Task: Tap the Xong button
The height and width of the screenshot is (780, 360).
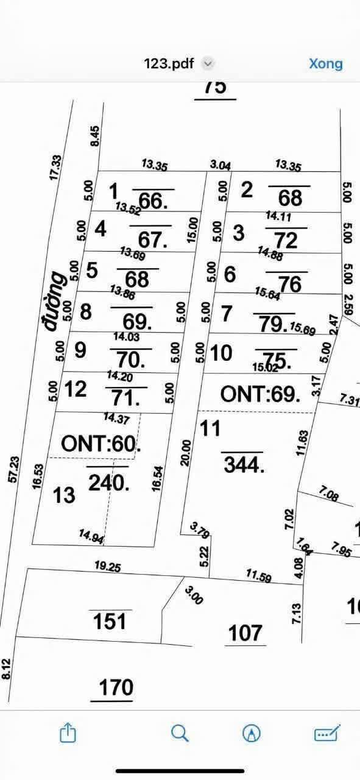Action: (x=325, y=63)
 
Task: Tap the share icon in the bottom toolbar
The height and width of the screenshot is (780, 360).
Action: (x=68, y=733)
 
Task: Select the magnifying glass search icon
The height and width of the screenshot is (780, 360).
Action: (x=180, y=733)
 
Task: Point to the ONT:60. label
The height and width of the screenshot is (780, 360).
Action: (x=101, y=444)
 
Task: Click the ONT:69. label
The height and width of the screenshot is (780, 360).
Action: (x=260, y=394)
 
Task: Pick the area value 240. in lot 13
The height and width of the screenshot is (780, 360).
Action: (x=110, y=483)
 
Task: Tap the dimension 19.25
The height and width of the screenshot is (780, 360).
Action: (x=108, y=567)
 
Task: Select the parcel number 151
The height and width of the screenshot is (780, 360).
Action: (x=110, y=622)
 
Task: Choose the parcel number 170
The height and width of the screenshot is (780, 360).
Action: (x=116, y=687)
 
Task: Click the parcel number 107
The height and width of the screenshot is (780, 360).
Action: (x=246, y=634)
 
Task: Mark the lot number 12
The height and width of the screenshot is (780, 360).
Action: (x=76, y=389)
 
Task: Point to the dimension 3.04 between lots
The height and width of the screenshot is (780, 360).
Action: (x=220, y=165)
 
